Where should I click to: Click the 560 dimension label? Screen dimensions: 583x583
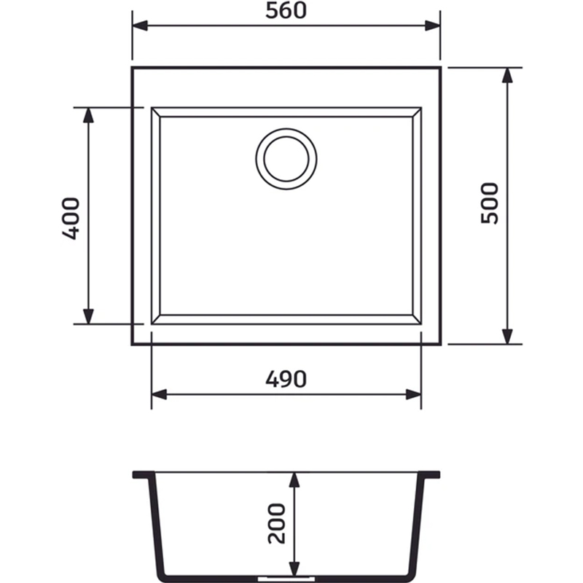286,11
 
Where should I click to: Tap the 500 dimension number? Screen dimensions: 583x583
489,203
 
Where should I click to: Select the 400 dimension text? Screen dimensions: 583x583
71,218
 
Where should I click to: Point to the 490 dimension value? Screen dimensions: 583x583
286,379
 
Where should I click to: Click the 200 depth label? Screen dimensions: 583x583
277,523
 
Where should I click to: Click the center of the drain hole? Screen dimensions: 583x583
286,159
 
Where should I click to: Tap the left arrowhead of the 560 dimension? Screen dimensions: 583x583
140,26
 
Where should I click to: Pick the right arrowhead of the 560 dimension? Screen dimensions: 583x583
432,26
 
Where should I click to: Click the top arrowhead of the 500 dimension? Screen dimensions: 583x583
507,75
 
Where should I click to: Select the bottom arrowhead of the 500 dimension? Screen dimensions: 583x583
507,337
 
